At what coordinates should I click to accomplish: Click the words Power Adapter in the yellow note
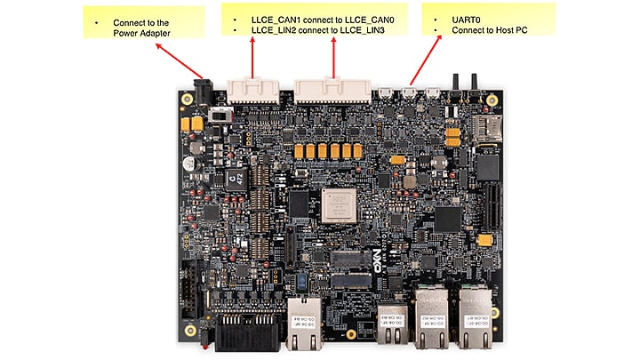coord(141,33)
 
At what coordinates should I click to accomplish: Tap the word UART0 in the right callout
coord(467,19)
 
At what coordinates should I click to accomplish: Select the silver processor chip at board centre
coord(337,204)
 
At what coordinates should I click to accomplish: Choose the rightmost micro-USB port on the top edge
coord(433,91)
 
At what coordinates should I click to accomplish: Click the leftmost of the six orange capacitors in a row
coord(300,152)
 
